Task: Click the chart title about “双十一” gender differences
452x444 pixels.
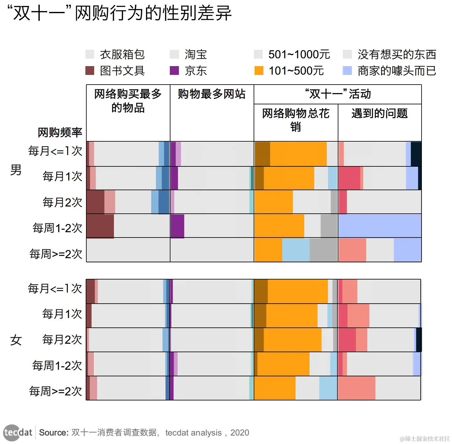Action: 119,13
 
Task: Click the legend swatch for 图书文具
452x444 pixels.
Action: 90,71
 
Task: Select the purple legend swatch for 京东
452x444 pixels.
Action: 174,71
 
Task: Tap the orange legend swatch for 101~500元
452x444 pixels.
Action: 259,71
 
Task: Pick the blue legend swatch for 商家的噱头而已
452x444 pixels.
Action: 347,71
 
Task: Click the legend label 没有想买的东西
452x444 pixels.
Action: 397,55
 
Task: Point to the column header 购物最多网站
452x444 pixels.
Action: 212,94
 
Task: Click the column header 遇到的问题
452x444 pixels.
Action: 379,113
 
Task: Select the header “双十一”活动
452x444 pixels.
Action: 338,94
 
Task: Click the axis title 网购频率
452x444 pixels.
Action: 60,133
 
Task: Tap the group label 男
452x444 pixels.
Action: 16,170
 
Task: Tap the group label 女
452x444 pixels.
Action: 16,340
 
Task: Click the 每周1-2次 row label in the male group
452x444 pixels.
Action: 57,228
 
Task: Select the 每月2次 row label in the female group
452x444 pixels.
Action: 62,340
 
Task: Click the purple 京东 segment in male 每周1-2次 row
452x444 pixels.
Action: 177,226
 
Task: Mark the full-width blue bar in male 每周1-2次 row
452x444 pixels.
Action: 380,226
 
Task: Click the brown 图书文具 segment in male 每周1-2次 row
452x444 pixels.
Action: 100,226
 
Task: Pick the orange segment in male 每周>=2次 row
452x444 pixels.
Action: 268,250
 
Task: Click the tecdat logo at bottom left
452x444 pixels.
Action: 18,433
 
